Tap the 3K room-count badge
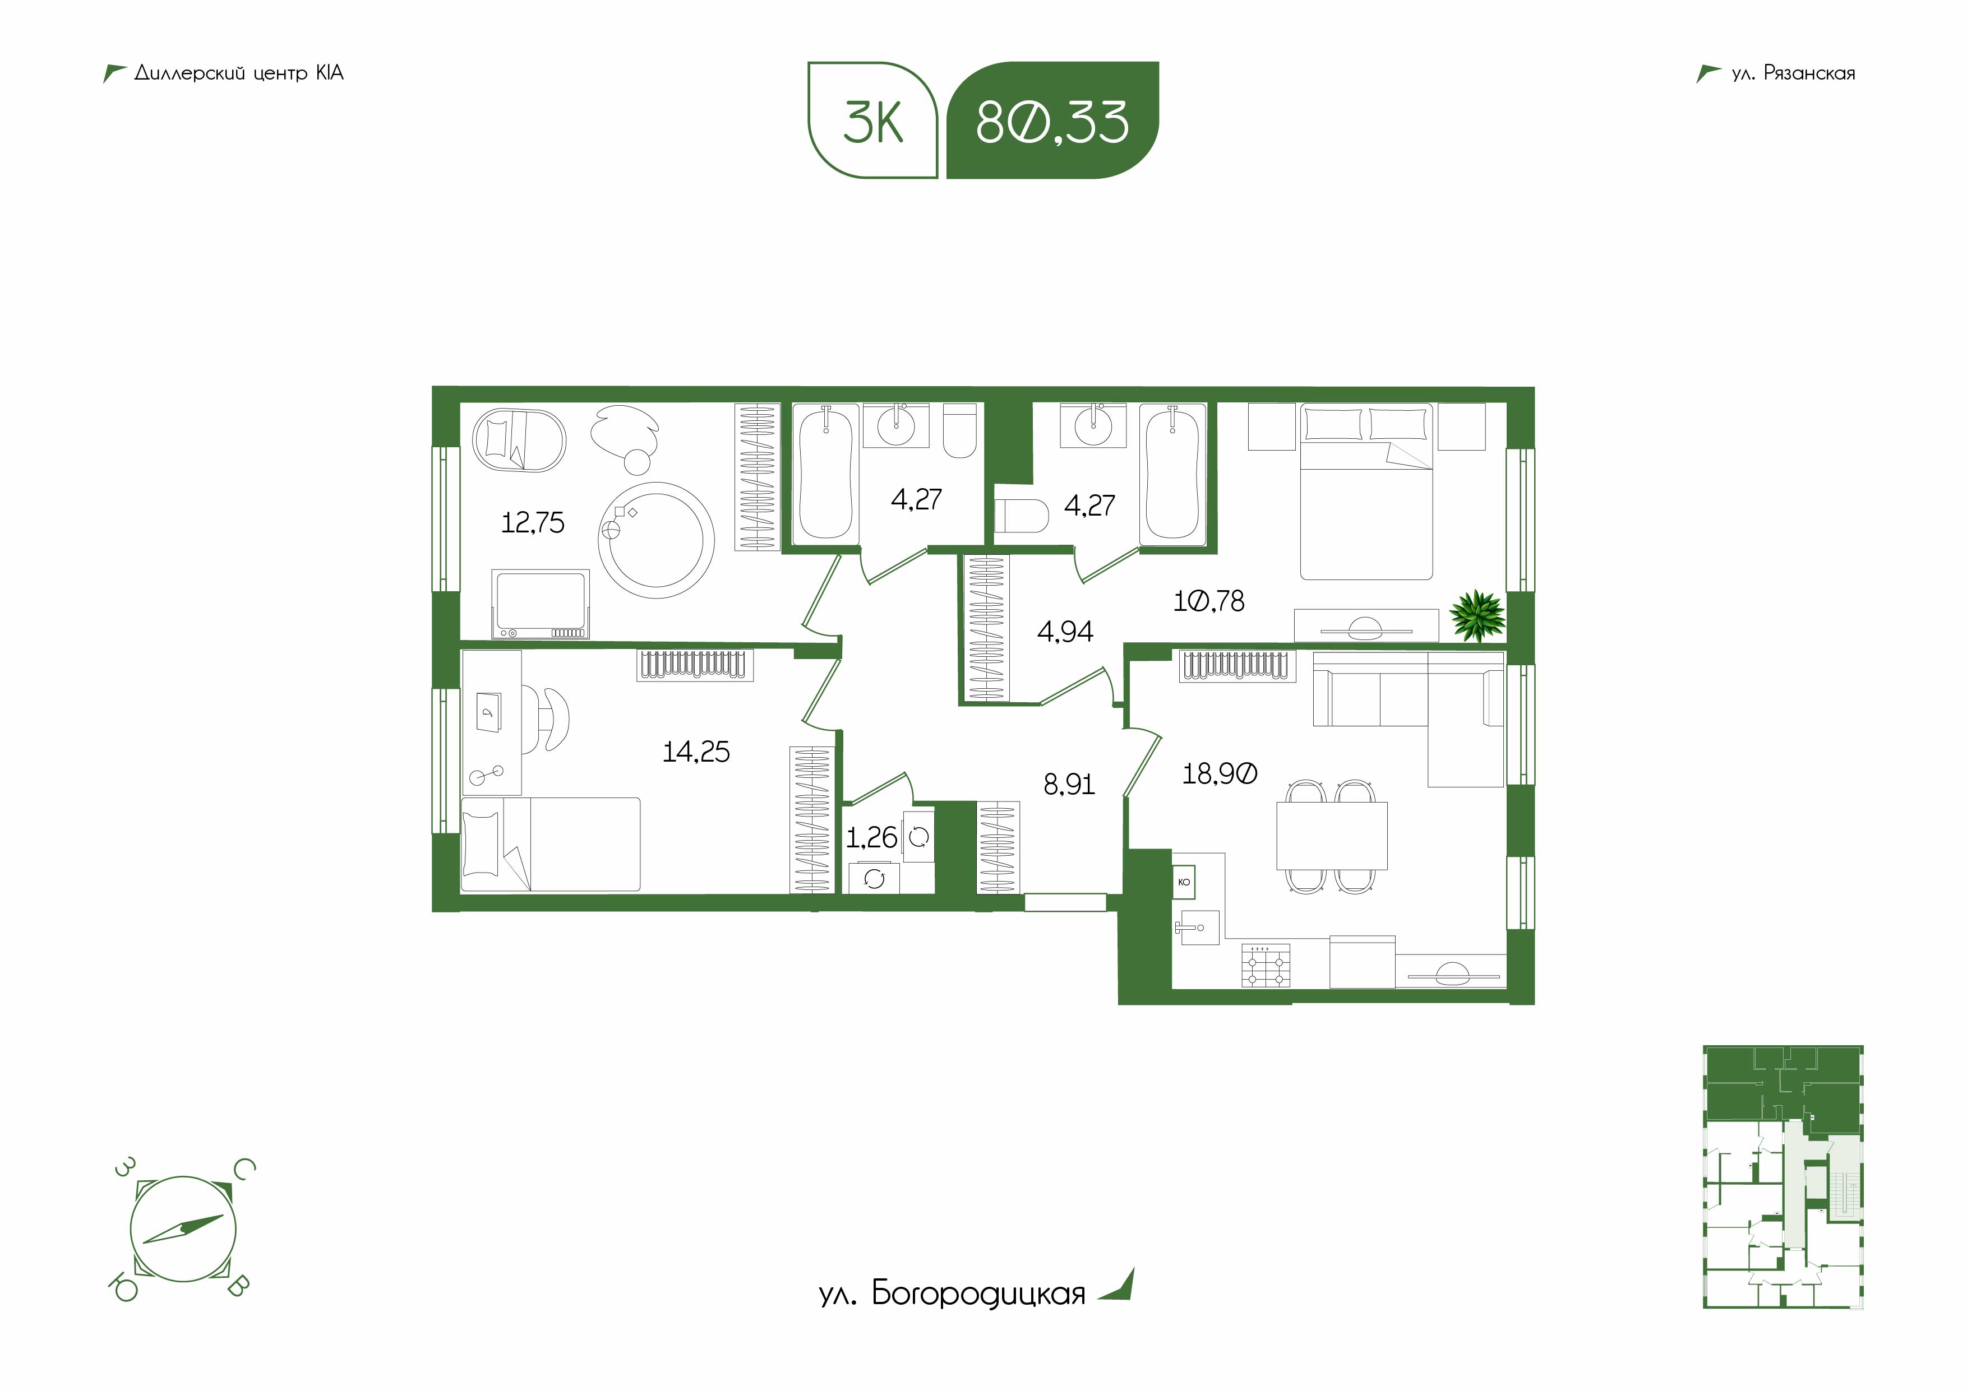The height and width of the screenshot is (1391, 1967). pyautogui.click(x=873, y=120)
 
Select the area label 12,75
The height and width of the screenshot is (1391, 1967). pyautogui.click(x=533, y=522)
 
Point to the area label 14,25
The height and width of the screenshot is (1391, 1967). pyautogui.click(x=696, y=752)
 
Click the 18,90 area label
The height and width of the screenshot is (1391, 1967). pyautogui.click(x=1220, y=775)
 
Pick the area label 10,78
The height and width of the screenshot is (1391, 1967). pyautogui.click(x=1209, y=601)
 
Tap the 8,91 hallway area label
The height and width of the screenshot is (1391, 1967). pyautogui.click(x=1069, y=785)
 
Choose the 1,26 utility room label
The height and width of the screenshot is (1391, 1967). pyautogui.click(x=871, y=838)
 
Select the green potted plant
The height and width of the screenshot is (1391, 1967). pyautogui.click(x=1477, y=614)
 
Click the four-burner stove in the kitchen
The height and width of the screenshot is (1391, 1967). pyautogui.click(x=1266, y=965)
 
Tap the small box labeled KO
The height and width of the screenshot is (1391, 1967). pyautogui.click(x=1184, y=882)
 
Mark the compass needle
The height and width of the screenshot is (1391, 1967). pyautogui.click(x=183, y=1229)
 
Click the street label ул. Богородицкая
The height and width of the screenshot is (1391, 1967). pyautogui.click(x=952, y=1293)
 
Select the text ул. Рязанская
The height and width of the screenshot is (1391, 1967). pyautogui.click(x=1793, y=73)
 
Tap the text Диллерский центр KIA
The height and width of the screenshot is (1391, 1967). pyautogui.click(x=239, y=73)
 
